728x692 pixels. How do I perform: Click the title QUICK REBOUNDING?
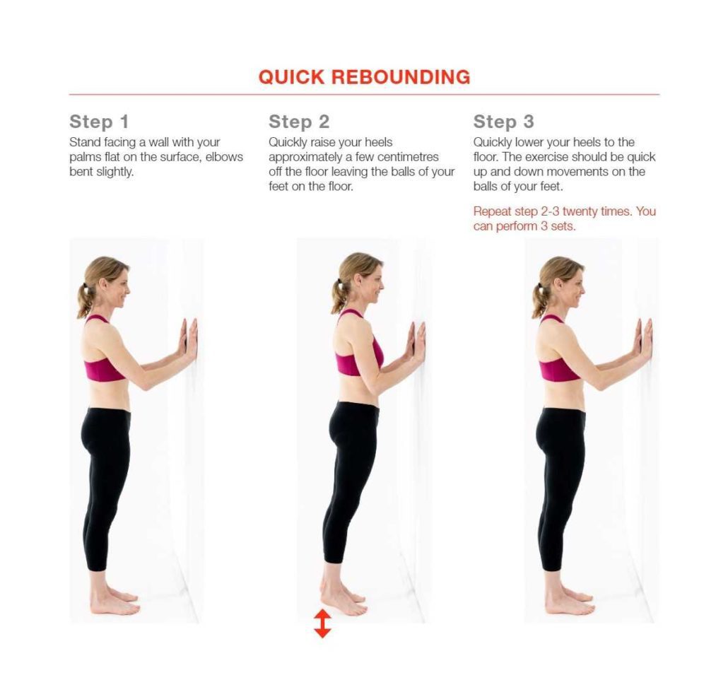coord(364,77)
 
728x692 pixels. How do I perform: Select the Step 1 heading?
coord(99,121)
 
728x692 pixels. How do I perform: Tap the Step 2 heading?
coord(299,121)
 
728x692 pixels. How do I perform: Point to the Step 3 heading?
coord(503,121)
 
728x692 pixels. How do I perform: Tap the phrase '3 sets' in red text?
coord(560,226)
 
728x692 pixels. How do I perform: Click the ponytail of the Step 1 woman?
coord(86,300)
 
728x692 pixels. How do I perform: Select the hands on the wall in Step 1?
coord(189,339)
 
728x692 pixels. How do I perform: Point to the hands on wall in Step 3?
coord(642,338)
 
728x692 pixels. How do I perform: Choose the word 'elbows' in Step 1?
coord(223,157)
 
